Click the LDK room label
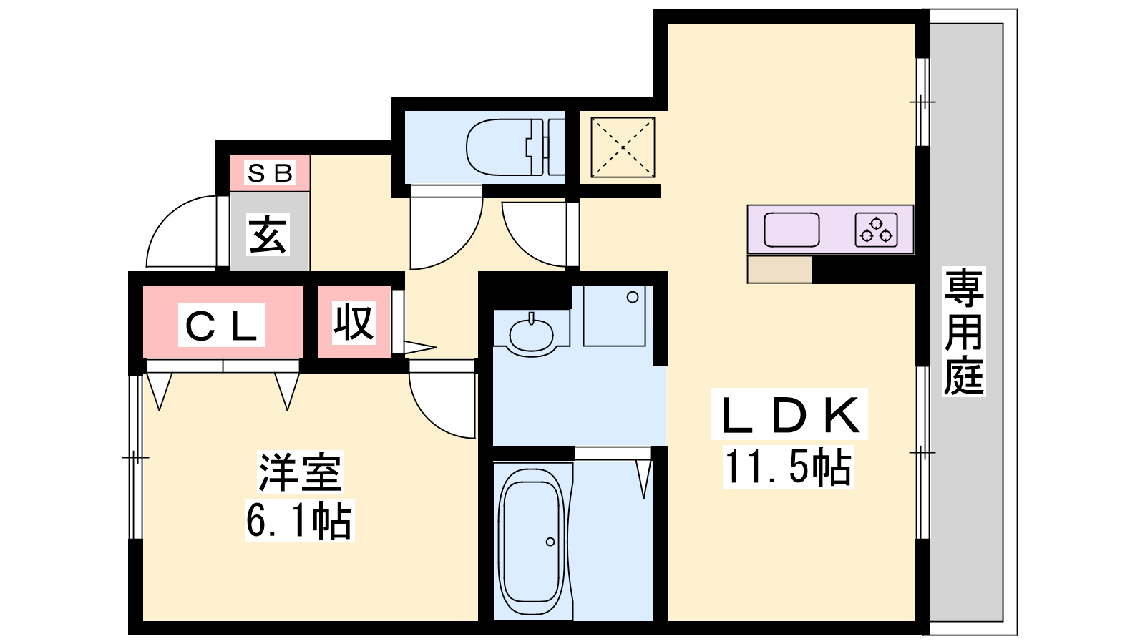[789, 414]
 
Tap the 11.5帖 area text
[788, 467]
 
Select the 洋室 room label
[300, 472]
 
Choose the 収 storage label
[354, 322]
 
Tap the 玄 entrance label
[268, 235]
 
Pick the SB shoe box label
[269, 172]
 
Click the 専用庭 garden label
[963, 332]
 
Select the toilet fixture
[515, 147]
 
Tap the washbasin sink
[531, 334]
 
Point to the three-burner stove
[876, 230]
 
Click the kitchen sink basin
[791, 230]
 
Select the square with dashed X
[623, 147]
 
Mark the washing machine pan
[614, 316]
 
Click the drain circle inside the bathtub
[550, 542]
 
